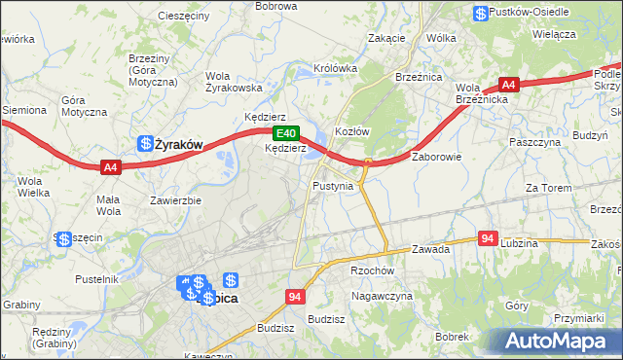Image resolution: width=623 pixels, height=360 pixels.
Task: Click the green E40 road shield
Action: (x=284, y=133)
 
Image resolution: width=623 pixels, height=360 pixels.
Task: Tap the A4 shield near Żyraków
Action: (x=110, y=167)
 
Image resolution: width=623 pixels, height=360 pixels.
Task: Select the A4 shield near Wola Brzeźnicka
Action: (x=508, y=85)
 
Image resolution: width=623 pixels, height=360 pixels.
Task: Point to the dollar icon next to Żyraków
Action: (x=145, y=143)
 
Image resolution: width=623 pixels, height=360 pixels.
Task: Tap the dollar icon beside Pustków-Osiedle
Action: (x=481, y=14)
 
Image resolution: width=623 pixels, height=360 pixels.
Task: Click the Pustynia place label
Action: (x=333, y=185)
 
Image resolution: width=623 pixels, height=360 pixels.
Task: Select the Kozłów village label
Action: (x=351, y=131)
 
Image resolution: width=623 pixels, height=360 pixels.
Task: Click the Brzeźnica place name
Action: (x=419, y=76)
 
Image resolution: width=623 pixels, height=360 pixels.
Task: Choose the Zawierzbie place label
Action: (x=175, y=201)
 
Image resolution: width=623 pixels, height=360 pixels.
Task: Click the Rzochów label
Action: (x=371, y=271)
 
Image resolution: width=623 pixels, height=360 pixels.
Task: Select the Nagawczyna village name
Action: (x=383, y=295)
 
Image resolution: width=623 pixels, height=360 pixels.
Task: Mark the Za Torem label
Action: (x=546, y=187)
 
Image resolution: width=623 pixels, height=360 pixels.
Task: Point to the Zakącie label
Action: (x=386, y=38)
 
